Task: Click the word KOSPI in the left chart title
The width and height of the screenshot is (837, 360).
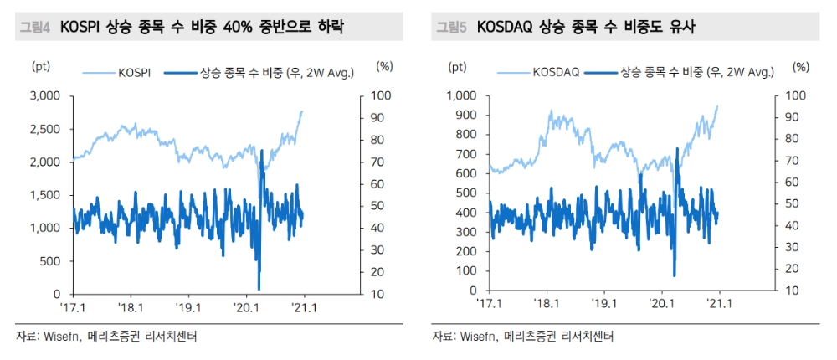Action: pyautogui.click(x=82, y=28)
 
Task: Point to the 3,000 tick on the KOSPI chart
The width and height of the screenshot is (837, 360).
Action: pyautogui.click(x=45, y=96)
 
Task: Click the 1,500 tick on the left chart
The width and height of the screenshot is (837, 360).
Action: pyautogui.click(x=45, y=195)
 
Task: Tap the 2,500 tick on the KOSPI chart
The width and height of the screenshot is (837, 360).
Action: pyautogui.click(x=45, y=129)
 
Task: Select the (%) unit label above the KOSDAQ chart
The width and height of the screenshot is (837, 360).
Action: pyautogui.click(x=801, y=65)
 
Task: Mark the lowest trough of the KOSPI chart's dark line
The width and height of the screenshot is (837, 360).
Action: pyautogui.click(x=259, y=289)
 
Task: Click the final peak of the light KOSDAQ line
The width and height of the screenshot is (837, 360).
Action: pyautogui.click(x=717, y=106)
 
